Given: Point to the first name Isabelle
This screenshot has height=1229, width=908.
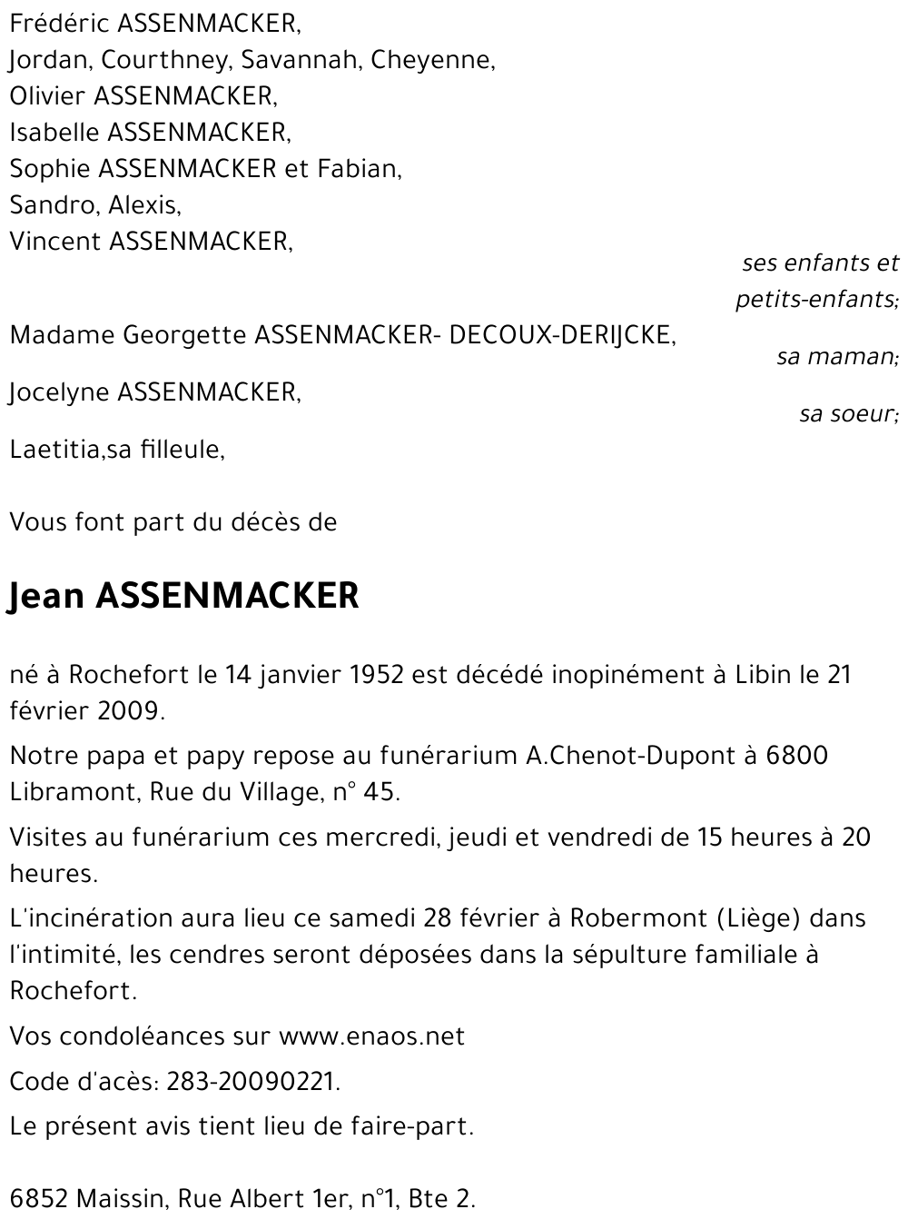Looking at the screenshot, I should tap(54, 133).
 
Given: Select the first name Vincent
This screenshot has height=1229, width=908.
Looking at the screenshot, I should tap(55, 242).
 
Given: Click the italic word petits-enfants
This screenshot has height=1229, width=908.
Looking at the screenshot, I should tap(816, 299).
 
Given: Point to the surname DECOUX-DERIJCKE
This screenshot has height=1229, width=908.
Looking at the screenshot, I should tap(562, 335).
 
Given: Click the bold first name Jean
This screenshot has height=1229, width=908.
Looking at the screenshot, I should tap(45, 597).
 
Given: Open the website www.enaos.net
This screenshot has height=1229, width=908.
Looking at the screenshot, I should tap(371, 1036).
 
